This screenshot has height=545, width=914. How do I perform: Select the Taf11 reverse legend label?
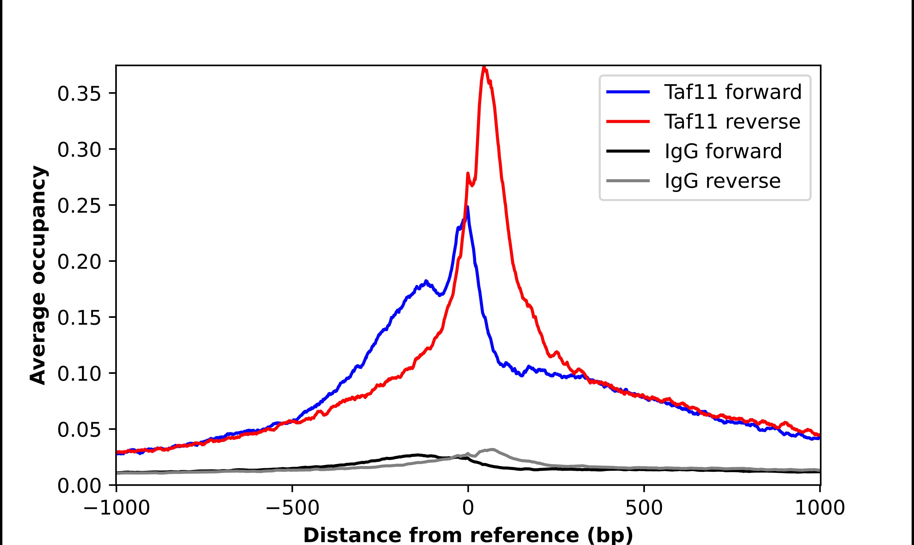tap(732, 122)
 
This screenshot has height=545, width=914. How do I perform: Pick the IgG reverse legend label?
tap(722, 181)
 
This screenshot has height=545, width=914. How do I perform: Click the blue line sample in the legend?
tap(628, 92)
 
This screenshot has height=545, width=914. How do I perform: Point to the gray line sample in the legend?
tap(628, 181)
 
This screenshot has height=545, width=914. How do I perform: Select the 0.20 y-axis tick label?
tap(79, 262)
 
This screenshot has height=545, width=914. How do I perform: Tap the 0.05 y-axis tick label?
tap(79, 430)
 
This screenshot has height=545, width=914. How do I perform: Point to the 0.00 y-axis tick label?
tap(79, 486)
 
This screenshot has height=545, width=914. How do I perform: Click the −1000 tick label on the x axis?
tap(116, 509)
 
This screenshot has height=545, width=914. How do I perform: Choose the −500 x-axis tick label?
tap(292, 509)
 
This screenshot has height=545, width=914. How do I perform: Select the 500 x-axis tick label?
tap(644, 509)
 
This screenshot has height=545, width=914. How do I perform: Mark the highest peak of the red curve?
tap(484, 68)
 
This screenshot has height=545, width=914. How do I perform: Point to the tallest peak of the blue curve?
tap(467, 207)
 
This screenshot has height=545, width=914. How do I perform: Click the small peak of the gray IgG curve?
tap(492, 449)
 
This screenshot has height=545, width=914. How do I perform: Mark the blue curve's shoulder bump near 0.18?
tap(426, 282)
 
